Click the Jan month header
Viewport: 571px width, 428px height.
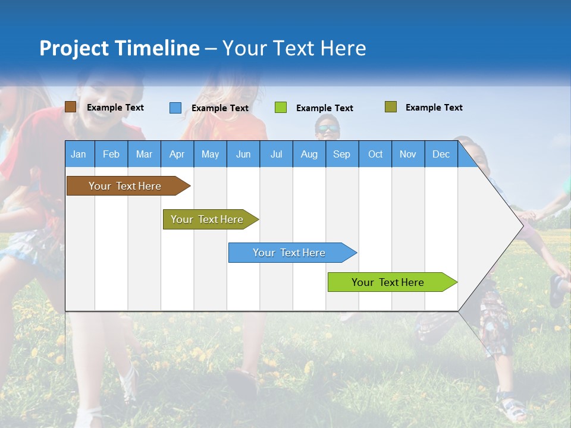pos(79,154)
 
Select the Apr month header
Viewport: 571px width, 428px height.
pos(177,154)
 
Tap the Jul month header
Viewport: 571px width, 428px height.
pos(276,154)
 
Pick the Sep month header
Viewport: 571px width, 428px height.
pos(341,154)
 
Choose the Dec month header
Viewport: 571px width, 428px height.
pos(441,154)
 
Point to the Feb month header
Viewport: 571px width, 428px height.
pos(111,154)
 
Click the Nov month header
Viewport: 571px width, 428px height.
pos(407,154)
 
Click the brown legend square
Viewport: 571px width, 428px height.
pos(70,107)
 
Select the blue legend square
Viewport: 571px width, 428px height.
pos(175,108)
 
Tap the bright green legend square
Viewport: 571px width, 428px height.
pos(281,108)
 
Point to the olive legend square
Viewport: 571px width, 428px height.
pos(391,107)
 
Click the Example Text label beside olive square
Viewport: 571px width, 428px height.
pos(434,108)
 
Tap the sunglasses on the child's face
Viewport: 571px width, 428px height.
pos(327,128)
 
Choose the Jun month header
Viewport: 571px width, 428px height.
pos(243,154)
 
